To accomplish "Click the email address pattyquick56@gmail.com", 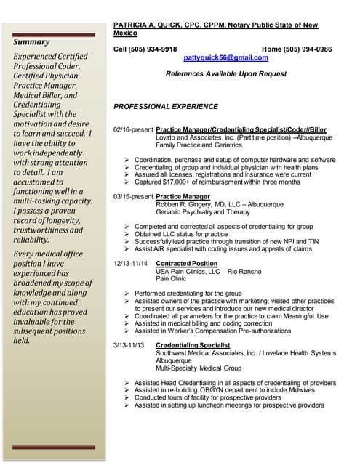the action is point(225,57).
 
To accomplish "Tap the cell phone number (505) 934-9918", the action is point(155,49).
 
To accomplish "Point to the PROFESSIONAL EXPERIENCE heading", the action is point(166,107).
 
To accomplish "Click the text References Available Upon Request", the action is point(226,74).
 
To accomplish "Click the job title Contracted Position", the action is point(186,263).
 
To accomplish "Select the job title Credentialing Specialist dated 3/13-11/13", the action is point(193,344).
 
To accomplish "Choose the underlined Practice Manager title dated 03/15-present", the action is point(183,196).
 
